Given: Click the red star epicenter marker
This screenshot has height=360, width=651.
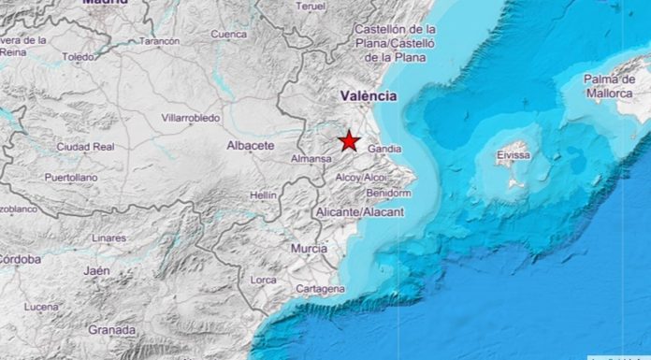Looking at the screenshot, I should pyautogui.click(x=349, y=141).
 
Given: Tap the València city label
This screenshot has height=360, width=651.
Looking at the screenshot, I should pyautogui.click(x=369, y=95).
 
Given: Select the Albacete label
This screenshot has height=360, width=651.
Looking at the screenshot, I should pyautogui.click(x=251, y=146).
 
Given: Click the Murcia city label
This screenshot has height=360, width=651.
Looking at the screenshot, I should pyautogui.click(x=309, y=249).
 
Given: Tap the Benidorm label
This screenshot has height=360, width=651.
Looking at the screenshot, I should pyautogui.click(x=389, y=194).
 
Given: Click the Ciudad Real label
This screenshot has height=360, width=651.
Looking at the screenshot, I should pyautogui.click(x=84, y=147).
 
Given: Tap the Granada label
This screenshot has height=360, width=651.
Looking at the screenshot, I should pyautogui.click(x=111, y=330).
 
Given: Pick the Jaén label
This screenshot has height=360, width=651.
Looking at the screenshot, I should pyautogui.click(x=96, y=270).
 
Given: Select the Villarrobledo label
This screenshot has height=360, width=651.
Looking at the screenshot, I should pyautogui.click(x=190, y=119).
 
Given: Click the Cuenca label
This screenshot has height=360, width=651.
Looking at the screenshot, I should pyautogui.click(x=229, y=35).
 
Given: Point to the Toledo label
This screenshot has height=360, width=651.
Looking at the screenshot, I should pyautogui.click(x=78, y=56).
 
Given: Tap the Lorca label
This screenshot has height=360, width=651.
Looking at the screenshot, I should pyautogui.click(x=264, y=280).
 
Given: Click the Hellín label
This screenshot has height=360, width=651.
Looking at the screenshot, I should pyautogui.click(x=264, y=195).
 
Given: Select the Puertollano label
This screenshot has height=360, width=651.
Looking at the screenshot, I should pyautogui.click(x=70, y=177).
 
